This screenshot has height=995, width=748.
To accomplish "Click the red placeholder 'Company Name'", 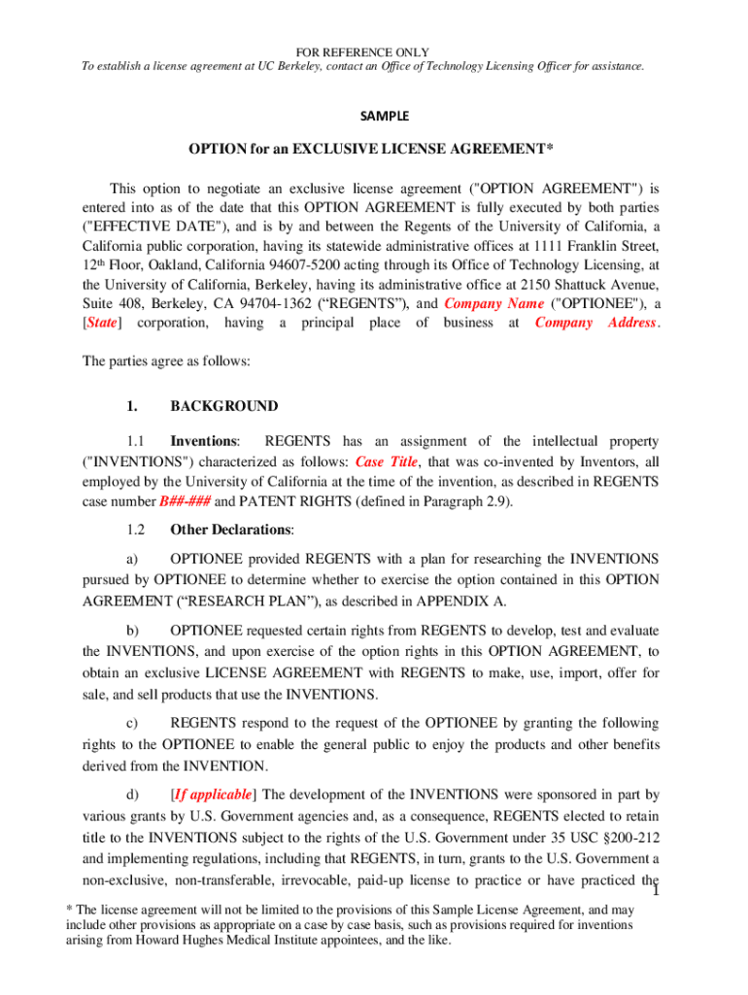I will coord(486,303).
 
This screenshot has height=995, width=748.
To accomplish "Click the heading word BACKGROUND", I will coord(223,406).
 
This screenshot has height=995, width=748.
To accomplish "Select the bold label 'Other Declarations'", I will coord(231,530).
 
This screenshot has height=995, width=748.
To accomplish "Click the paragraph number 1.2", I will coord(135,530).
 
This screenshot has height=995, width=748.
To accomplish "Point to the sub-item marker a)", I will coord(133,559).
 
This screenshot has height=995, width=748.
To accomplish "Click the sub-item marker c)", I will coord(133,724).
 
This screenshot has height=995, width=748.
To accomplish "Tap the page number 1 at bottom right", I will coord(656,893).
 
